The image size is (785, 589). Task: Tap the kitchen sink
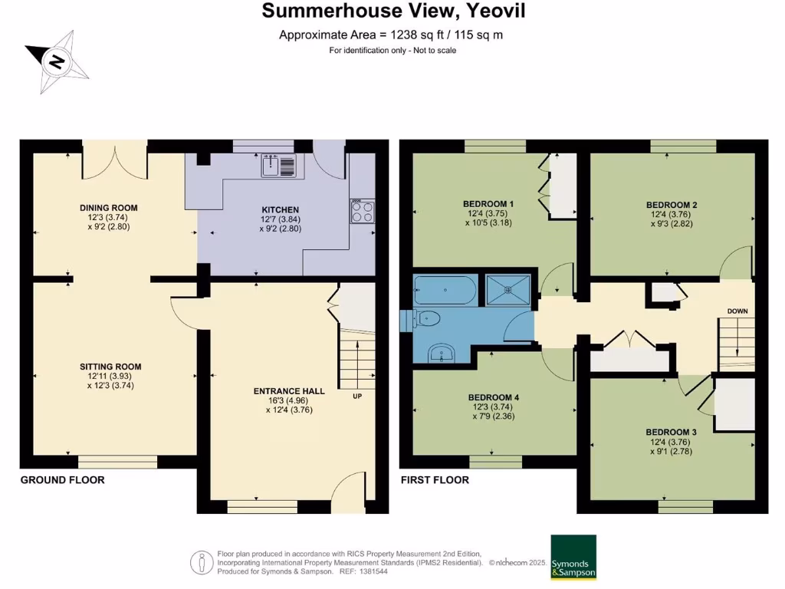point(278,166)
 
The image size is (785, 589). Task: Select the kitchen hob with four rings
point(363,211)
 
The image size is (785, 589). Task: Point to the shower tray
point(507,290)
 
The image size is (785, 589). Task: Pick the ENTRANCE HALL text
point(289,391)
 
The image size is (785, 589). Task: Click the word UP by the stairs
point(357,397)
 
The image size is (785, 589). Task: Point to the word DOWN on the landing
point(737,311)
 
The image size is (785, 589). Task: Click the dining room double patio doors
point(114,161)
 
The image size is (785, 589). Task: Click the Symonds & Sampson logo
point(573,557)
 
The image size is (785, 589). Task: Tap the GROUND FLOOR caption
point(62,480)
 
